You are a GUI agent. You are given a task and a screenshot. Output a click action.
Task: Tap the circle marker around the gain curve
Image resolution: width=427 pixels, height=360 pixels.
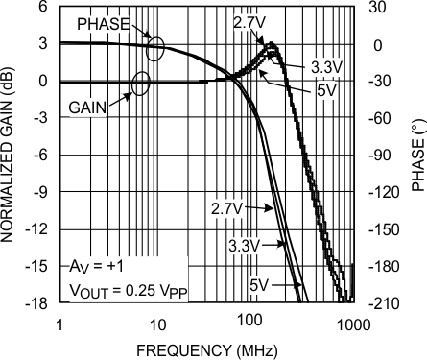coord(141,83)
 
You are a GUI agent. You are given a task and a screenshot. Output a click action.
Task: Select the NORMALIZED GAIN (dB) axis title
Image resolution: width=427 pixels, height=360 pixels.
coord(12,154)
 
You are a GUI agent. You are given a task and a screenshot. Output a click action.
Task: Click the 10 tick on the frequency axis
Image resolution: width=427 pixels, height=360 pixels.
coord(157,324)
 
